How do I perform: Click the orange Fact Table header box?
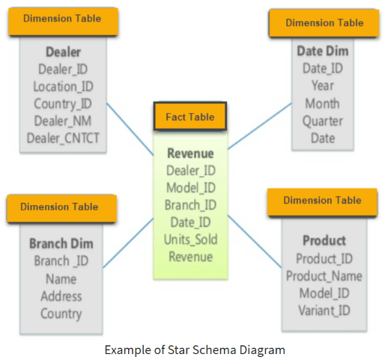(190, 116)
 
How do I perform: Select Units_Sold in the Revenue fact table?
(190, 240)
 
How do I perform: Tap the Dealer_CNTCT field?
(63, 138)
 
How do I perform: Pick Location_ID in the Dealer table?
(63, 87)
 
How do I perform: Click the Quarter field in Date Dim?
(323, 121)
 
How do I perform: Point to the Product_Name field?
(324, 276)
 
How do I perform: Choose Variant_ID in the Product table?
(324, 311)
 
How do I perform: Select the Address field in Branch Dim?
(61, 296)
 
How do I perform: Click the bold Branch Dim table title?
(61, 243)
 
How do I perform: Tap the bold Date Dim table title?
(323, 51)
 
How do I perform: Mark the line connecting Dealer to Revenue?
(130, 129)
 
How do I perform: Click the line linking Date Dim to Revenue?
(260, 126)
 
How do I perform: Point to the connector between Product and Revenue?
(255, 242)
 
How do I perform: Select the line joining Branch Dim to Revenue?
(128, 243)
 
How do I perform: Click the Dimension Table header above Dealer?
(63, 22)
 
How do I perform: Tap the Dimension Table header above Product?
(322, 202)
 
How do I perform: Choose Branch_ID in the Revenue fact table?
(190, 205)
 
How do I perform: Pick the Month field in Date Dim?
(322, 103)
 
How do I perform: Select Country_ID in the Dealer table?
(63, 104)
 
